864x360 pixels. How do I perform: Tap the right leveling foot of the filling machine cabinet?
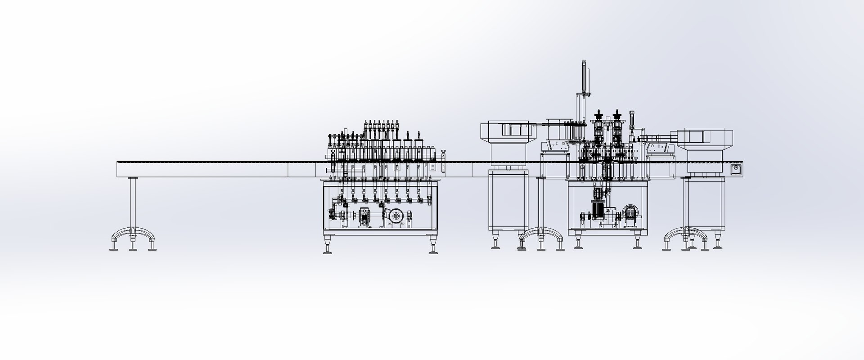(x=433, y=246)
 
